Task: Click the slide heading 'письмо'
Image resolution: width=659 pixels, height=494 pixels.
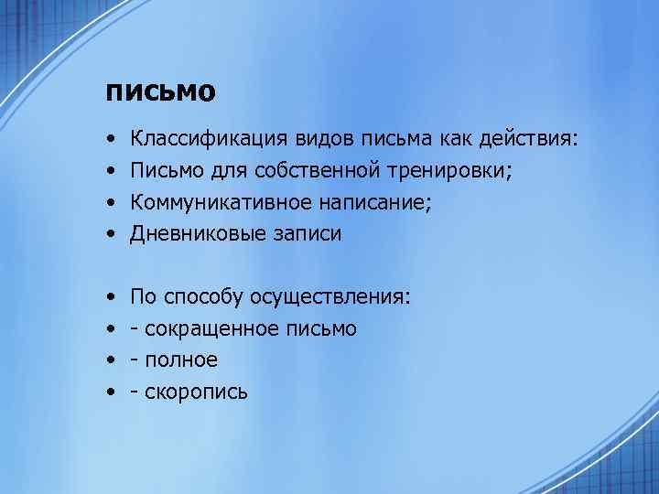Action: tap(160, 92)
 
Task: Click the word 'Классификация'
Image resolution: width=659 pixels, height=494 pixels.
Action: tap(210, 138)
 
